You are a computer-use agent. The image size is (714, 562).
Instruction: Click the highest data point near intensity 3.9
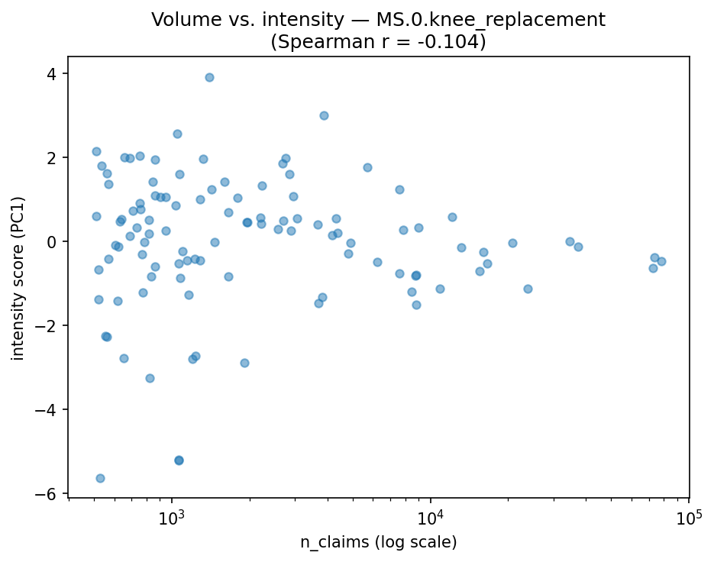pyautogui.click(x=209, y=77)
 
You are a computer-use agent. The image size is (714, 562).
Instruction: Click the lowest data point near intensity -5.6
pyautogui.click(x=100, y=478)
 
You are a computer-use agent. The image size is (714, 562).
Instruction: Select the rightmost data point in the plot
pyautogui.click(x=661, y=261)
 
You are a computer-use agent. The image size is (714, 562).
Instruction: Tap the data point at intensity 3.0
pyautogui.click(x=324, y=115)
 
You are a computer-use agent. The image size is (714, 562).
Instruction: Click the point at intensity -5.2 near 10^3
pyautogui.click(x=179, y=460)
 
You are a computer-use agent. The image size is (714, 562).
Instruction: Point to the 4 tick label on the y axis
pyautogui.click(x=53, y=73)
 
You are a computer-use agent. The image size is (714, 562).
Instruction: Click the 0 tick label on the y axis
pyautogui.click(x=53, y=241)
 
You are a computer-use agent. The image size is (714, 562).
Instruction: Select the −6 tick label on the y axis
pyautogui.click(x=49, y=494)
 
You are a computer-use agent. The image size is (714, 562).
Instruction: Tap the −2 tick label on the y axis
pyautogui.click(x=49, y=326)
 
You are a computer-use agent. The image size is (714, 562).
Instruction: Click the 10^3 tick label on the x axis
pyautogui.click(x=172, y=518)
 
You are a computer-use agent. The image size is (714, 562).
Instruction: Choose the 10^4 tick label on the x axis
pyautogui.click(x=431, y=518)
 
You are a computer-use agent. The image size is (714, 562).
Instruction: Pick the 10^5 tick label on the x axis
pyautogui.click(x=689, y=518)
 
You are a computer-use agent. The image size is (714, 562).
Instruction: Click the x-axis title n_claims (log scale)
pyautogui.click(x=378, y=543)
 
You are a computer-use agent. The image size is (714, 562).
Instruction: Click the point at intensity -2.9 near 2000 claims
pyautogui.click(x=244, y=363)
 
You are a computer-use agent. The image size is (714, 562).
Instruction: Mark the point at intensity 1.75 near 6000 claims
pyautogui.click(x=367, y=167)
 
